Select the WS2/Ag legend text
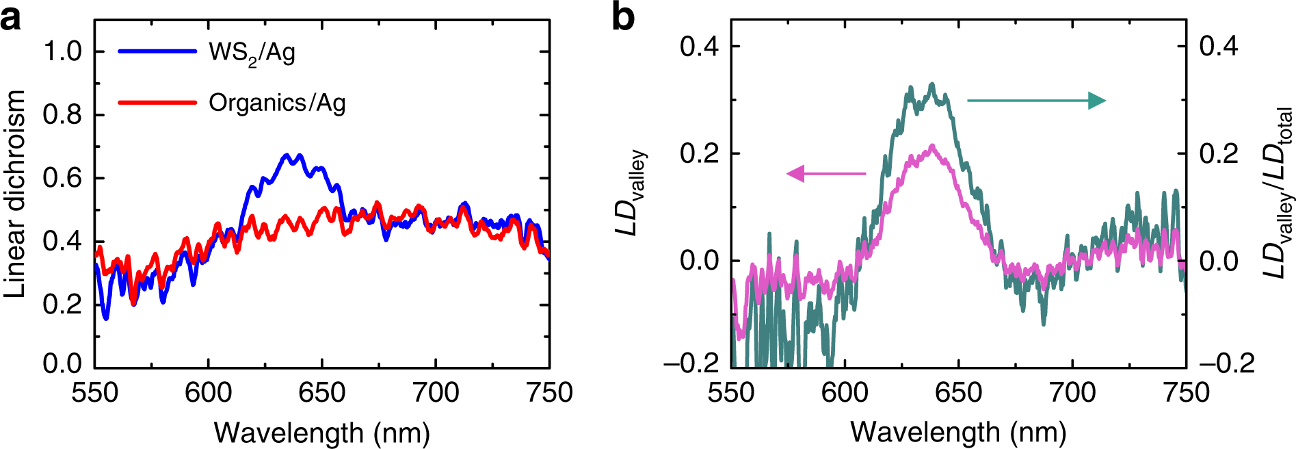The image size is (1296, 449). click(x=252, y=53)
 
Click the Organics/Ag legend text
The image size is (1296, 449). click(x=277, y=103)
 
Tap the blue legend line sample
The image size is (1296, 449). click(x=157, y=51)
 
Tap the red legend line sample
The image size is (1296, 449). click(x=157, y=103)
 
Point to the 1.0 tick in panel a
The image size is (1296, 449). click(x=62, y=51)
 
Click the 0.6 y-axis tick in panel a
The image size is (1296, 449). click(x=62, y=178)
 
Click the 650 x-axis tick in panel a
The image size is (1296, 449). click(x=322, y=393)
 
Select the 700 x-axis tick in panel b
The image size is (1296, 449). click(x=1072, y=393)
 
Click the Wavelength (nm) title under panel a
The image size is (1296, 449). click(x=322, y=433)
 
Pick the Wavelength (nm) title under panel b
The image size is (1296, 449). click(x=958, y=433)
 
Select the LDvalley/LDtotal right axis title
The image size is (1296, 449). click(x=1277, y=194)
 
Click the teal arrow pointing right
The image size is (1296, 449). click(x=1036, y=101)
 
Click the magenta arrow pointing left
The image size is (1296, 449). click(x=826, y=174)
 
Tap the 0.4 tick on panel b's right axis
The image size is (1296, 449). click(x=1219, y=47)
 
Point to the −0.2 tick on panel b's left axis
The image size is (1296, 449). click(x=691, y=362)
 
